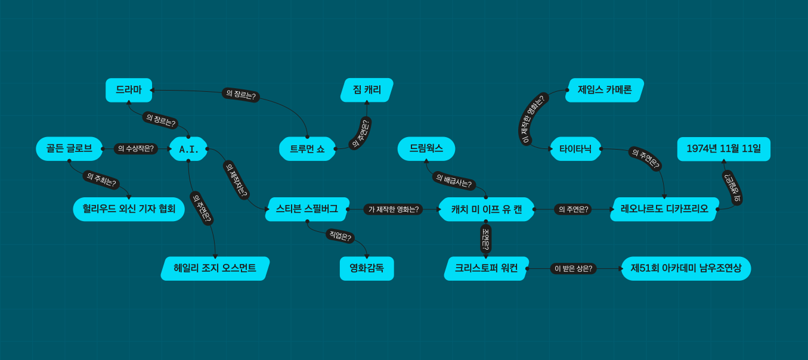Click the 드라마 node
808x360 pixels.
(x=129, y=90)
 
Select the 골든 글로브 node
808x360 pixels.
(x=69, y=148)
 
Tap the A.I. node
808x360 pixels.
(x=189, y=149)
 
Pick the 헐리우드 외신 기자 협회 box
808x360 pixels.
(x=129, y=209)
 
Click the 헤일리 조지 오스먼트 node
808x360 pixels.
(x=215, y=268)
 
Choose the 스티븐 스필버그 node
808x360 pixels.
(x=307, y=209)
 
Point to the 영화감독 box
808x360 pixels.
(x=367, y=268)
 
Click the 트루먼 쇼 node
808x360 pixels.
(x=307, y=149)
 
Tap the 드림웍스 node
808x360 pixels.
(x=426, y=148)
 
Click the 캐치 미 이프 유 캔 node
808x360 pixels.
(x=486, y=209)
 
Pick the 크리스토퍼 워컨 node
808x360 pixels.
(x=485, y=268)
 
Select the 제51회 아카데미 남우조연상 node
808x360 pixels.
(x=686, y=268)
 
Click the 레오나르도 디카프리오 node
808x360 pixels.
(x=664, y=209)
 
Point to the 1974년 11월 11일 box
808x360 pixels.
(x=723, y=149)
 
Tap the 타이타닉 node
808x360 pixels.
(x=575, y=149)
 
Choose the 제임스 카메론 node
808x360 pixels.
(x=605, y=90)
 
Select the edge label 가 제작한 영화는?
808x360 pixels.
(x=394, y=209)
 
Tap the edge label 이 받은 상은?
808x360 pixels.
(x=573, y=268)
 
